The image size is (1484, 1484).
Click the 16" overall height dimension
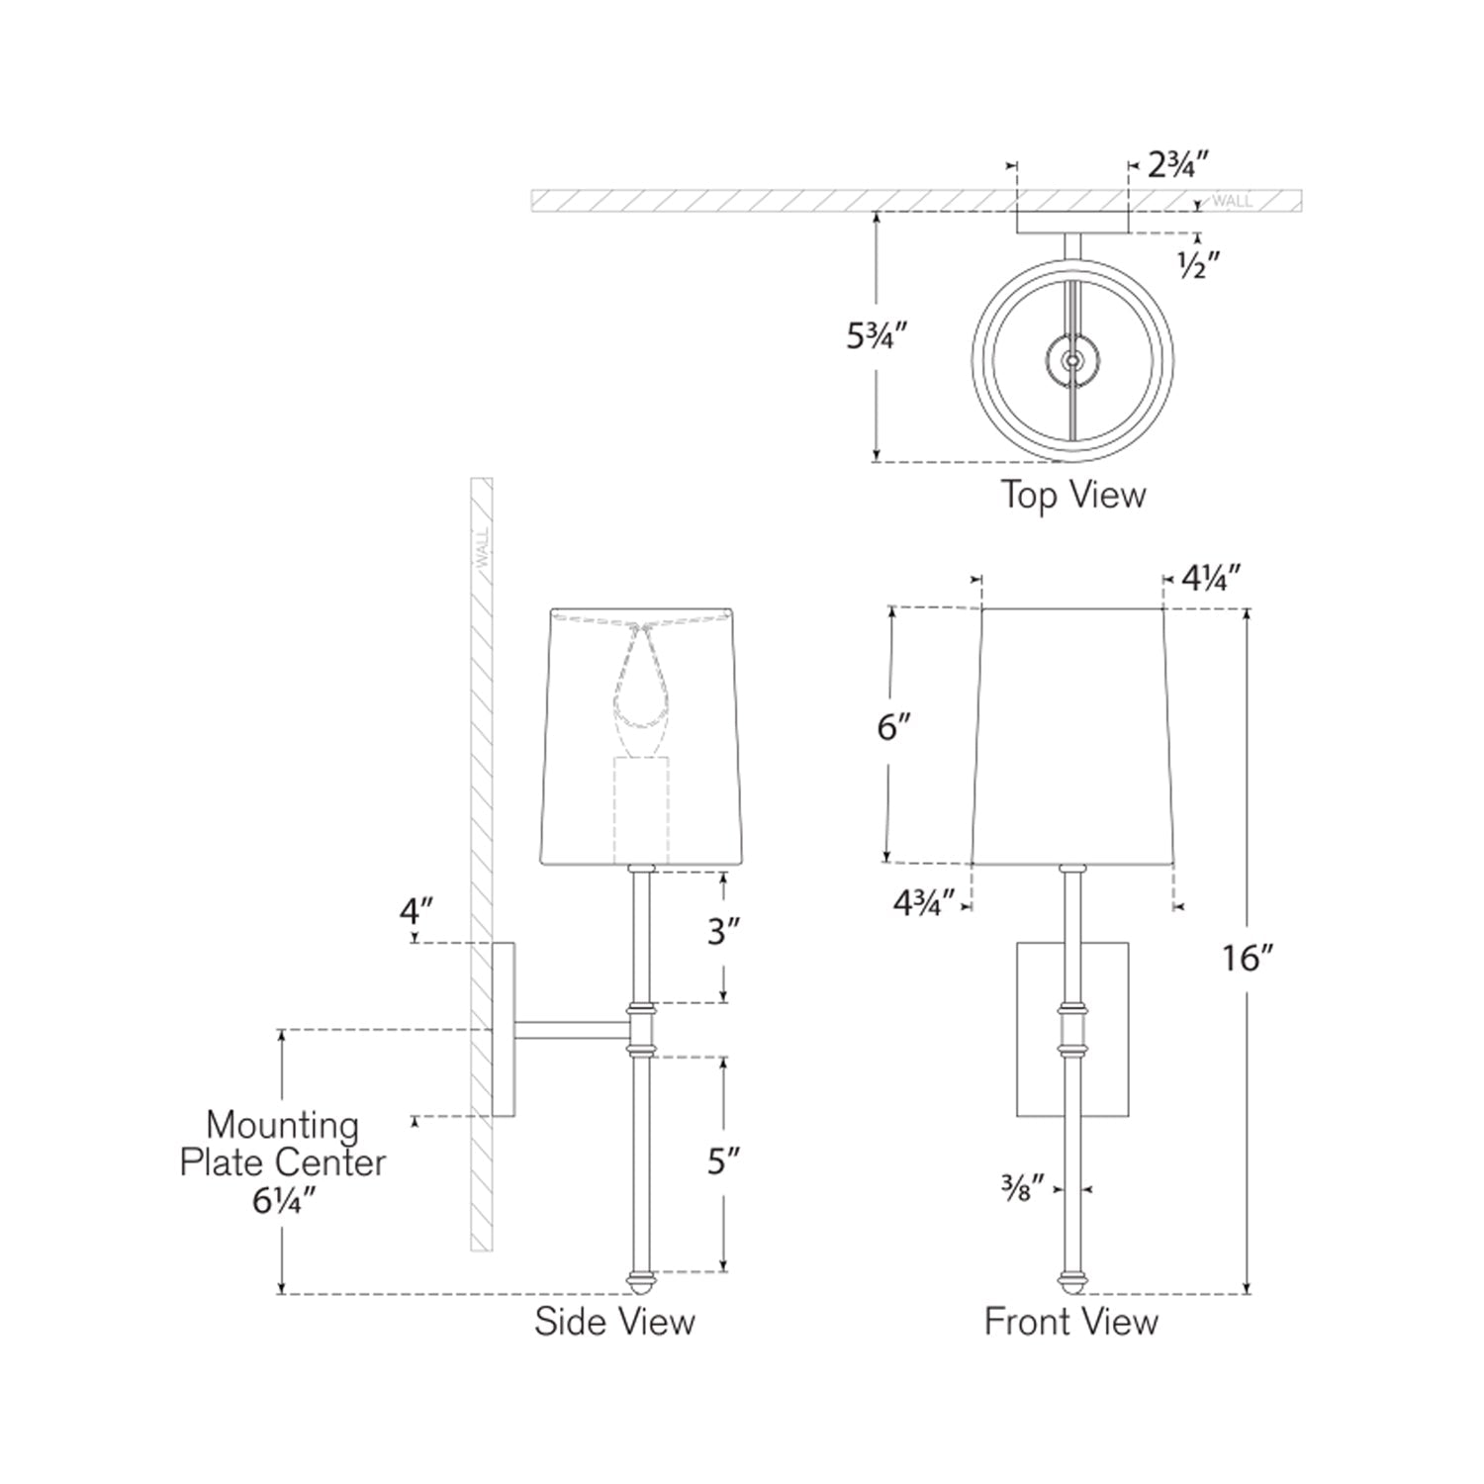(x=1246, y=958)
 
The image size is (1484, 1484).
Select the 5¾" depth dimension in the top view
(x=876, y=336)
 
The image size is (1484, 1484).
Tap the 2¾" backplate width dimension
(x=1179, y=164)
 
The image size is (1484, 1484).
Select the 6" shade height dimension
(x=893, y=728)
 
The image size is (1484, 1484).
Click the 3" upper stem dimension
(x=724, y=932)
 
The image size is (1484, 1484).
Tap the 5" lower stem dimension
(x=724, y=1161)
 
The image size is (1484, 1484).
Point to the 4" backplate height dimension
(x=417, y=911)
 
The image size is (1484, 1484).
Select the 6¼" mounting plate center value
(x=283, y=1201)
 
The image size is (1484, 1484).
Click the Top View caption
(x=1072, y=494)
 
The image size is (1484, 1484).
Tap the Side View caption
(x=614, y=1322)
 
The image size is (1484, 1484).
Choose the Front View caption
(x=1070, y=1322)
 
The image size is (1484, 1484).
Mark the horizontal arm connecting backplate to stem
(x=572, y=1030)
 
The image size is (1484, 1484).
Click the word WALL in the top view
(x=1232, y=201)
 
